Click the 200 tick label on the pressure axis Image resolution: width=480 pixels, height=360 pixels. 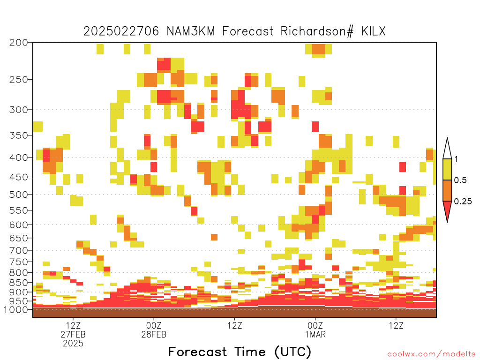point(18,43)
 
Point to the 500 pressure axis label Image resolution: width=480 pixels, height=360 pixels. point(18,195)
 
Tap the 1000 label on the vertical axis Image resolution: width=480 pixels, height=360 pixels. point(15,310)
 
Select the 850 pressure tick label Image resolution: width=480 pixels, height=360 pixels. point(18,283)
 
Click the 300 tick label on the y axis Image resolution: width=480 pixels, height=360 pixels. point(18,110)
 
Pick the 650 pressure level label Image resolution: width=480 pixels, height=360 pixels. point(18,238)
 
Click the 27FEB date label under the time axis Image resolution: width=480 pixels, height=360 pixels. point(73,334)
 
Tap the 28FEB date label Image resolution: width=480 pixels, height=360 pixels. point(154,334)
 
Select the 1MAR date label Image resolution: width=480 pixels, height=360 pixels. point(315,334)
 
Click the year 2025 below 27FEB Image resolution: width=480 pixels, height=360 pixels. point(73,344)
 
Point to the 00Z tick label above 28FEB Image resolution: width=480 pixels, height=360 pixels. point(154,325)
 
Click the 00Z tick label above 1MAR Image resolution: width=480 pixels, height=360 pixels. point(315,325)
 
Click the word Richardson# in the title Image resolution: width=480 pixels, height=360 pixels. point(317,31)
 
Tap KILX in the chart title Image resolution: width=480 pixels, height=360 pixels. point(373,31)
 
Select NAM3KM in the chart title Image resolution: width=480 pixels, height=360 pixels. point(191,31)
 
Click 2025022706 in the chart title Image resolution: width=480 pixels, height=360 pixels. point(121,31)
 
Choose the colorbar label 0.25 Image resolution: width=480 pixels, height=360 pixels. point(463,201)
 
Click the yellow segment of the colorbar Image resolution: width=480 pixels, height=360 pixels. point(447,169)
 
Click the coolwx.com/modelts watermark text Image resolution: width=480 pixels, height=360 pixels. point(431,354)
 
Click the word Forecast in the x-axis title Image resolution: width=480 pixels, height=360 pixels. point(198,352)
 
